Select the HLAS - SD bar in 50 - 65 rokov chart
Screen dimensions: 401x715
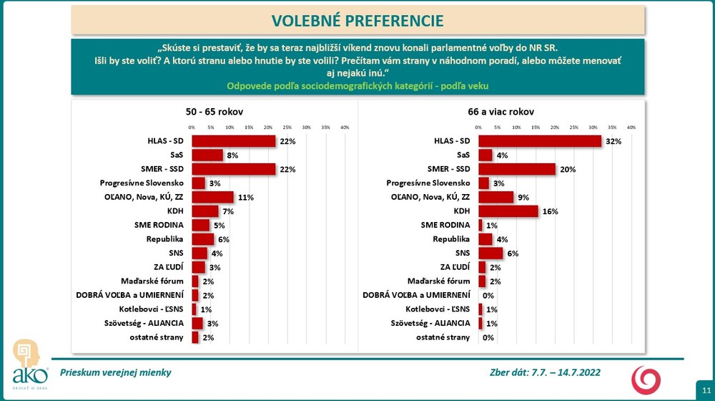tap(234, 141)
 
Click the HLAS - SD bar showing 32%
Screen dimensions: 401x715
tap(540, 141)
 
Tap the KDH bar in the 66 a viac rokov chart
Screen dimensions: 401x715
tap(508, 211)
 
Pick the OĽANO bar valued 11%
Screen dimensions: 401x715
tap(213, 197)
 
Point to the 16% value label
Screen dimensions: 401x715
tap(549, 212)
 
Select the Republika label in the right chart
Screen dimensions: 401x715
tap(453, 239)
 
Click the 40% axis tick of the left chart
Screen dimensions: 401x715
tap(345, 127)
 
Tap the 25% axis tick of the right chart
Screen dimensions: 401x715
tap(573, 127)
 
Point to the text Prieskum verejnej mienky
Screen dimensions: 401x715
tap(115, 372)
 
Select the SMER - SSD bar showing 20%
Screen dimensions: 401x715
tap(517, 169)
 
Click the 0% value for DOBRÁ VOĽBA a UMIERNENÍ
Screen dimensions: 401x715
tap(489, 296)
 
